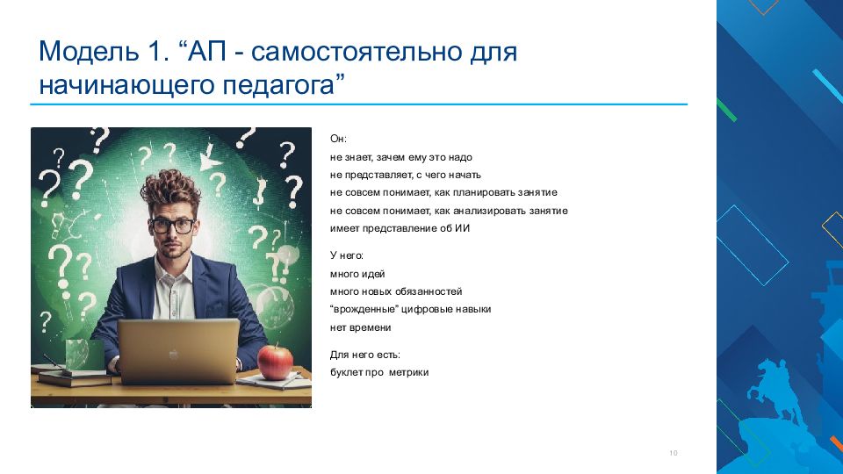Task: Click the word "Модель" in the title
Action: [x=88, y=52]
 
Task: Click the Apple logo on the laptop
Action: [x=174, y=354]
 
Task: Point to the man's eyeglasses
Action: [x=173, y=226]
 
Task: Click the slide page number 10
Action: [x=674, y=453]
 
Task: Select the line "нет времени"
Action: [x=360, y=327]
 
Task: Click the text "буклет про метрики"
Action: [x=379, y=372]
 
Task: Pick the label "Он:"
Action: [x=338, y=139]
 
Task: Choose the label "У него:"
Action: [x=347, y=255]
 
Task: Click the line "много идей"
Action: [x=357, y=274]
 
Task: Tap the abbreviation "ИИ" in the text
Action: [x=463, y=228]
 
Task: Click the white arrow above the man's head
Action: [x=210, y=160]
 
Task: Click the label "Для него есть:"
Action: [x=365, y=355]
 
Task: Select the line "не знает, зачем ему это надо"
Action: [x=401, y=157]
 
